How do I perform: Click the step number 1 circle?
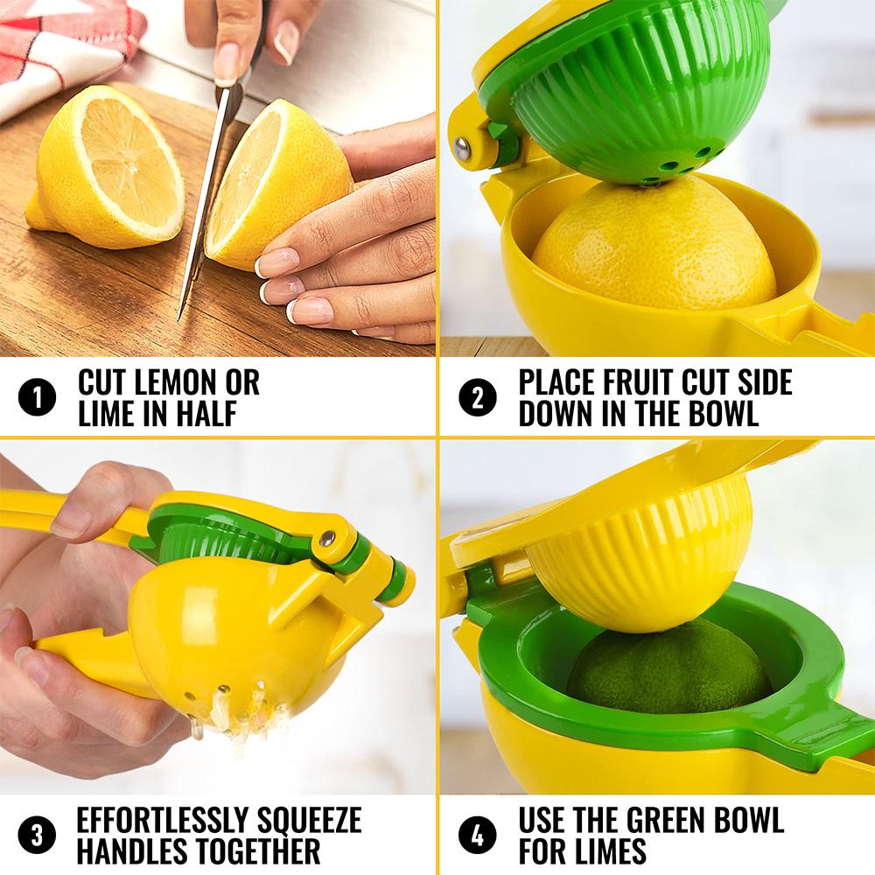point(37,398)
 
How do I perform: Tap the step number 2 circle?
point(477,398)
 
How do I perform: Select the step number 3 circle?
point(37,835)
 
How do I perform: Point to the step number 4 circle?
point(477,835)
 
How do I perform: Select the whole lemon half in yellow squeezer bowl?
point(652,249)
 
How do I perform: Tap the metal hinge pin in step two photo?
point(462,149)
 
